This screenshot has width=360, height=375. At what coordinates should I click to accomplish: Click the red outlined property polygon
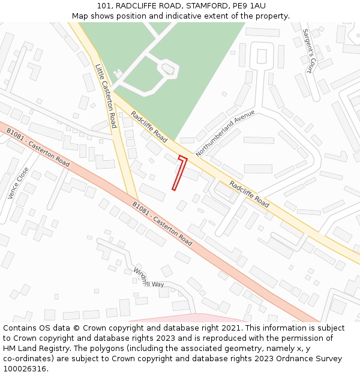(x=180, y=173)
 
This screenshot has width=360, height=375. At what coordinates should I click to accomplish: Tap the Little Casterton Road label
(x=105, y=96)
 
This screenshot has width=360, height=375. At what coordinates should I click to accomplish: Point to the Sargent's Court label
(x=307, y=50)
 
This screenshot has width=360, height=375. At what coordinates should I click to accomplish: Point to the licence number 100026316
(x=25, y=369)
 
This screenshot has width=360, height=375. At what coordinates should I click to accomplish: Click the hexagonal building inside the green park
(x=169, y=70)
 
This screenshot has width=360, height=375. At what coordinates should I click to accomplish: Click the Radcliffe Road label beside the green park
(x=149, y=126)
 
